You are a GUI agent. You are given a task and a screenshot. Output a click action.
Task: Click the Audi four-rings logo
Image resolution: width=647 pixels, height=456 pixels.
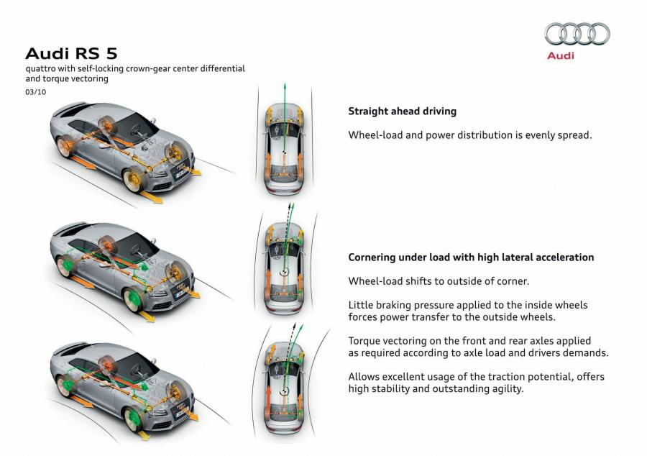pyautogui.click(x=577, y=34)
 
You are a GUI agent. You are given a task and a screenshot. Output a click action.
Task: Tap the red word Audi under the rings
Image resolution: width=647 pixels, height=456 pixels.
pyautogui.click(x=560, y=55)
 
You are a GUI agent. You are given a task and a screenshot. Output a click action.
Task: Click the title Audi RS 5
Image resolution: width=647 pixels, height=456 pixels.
pyautogui.click(x=71, y=54)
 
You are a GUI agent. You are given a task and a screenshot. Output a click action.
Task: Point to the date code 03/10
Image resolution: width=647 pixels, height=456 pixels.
pyautogui.click(x=36, y=92)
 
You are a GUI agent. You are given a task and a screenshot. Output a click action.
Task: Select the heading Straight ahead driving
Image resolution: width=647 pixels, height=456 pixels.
pyautogui.click(x=403, y=111)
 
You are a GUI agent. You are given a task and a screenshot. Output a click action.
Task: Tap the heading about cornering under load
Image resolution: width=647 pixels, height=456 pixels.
pyautogui.click(x=471, y=257)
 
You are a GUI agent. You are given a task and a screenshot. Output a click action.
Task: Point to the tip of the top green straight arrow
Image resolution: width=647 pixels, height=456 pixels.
pyautogui.click(x=285, y=83)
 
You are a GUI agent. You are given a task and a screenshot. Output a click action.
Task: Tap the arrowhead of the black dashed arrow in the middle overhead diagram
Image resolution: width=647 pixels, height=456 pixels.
pyautogui.click(x=290, y=205)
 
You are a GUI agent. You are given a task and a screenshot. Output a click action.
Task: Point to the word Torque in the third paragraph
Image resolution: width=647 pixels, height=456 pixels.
pyautogui.click(x=363, y=341)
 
